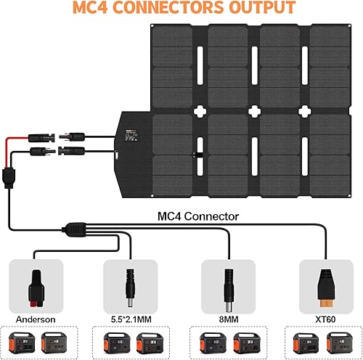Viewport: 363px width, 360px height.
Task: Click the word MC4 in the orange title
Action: coord(110,9)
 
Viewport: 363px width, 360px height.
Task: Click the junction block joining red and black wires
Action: coord(11,176)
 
